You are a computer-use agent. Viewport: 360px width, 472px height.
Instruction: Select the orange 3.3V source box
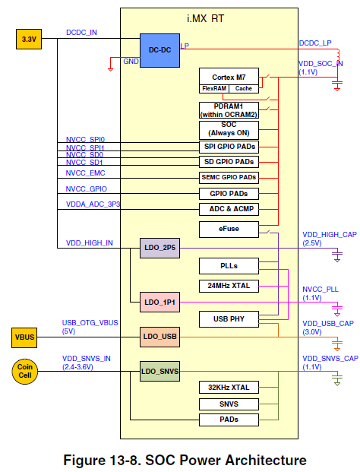pyautogui.click(x=28, y=38)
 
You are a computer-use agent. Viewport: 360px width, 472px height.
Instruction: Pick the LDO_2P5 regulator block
pyautogui.click(x=159, y=248)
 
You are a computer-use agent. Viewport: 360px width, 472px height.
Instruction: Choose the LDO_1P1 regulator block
pyautogui.click(x=159, y=303)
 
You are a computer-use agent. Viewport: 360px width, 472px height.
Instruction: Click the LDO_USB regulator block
pyautogui.click(x=159, y=335)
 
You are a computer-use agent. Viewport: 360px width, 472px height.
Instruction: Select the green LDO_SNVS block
pyautogui.click(x=159, y=372)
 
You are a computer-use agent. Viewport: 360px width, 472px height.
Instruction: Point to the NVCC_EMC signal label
pyautogui.click(x=86, y=173)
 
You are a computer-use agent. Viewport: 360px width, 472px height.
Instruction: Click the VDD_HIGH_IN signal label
pyautogui.click(x=89, y=243)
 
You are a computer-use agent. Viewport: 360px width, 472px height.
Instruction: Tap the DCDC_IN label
pyautogui.click(x=81, y=33)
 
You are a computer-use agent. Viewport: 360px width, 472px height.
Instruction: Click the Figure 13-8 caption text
pyautogui.click(x=185, y=460)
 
